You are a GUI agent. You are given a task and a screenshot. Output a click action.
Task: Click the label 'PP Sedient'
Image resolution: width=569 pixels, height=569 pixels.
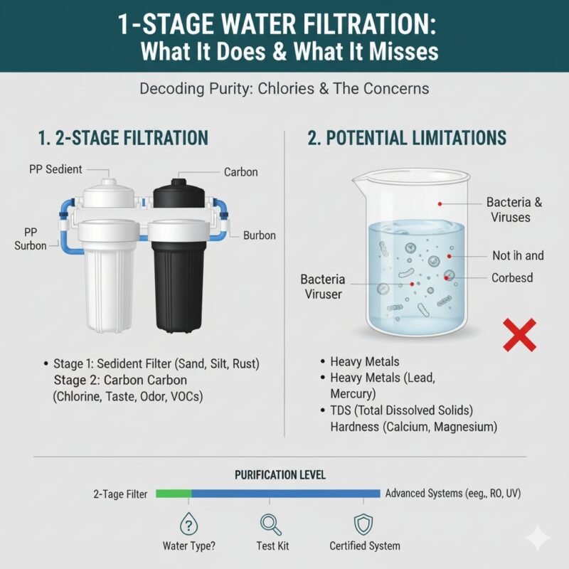[56, 169]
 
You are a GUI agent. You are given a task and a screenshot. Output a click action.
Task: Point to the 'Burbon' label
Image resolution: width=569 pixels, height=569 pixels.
[260, 235]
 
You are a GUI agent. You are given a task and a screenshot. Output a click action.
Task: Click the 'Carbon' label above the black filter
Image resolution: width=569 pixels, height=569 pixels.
[240, 172]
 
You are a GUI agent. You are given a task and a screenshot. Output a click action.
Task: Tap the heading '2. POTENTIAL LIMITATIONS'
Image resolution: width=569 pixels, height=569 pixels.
[407, 138]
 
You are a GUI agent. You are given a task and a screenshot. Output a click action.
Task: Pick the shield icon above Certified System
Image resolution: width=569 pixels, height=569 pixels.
[364, 524]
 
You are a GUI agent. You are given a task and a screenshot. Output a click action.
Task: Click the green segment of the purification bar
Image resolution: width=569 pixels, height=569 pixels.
[174, 493]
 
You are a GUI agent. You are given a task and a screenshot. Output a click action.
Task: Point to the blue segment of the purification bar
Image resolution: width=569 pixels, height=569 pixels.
[284, 493]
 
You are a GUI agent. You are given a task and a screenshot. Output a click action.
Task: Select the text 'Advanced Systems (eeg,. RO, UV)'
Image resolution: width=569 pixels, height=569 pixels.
[457, 493]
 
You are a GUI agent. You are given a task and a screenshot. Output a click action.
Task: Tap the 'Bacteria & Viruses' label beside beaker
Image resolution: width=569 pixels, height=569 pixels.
[514, 209]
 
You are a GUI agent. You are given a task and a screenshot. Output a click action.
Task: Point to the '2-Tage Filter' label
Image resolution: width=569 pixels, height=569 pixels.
[119, 493]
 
